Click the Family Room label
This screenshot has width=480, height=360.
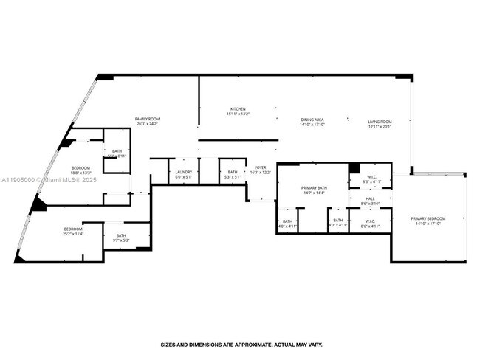(147, 119)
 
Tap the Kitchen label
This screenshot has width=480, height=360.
(238, 109)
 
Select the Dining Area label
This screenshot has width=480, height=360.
(312, 120)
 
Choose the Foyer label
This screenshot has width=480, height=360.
(261, 167)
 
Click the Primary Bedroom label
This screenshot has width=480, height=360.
(428, 218)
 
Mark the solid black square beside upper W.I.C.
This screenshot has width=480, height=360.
(354, 168)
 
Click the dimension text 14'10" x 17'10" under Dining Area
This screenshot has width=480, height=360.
(312, 125)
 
